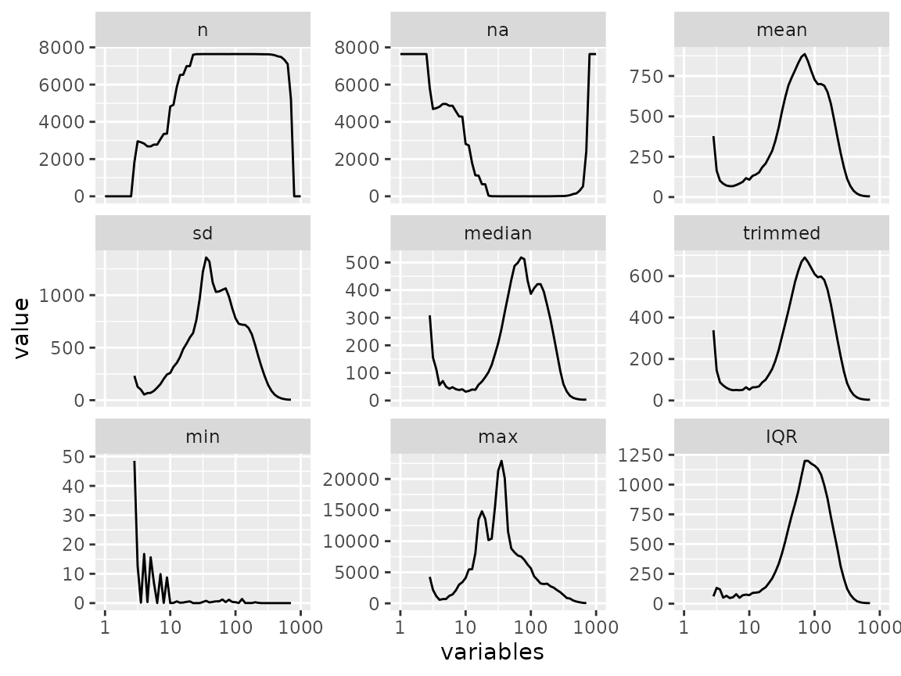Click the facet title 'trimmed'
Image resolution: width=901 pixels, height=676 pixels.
tap(781, 233)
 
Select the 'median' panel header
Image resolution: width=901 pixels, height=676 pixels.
tap(497, 233)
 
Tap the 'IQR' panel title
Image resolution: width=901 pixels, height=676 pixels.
tap(781, 437)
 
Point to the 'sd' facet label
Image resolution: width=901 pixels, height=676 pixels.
tap(203, 233)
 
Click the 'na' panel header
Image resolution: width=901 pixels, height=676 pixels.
tap(497, 30)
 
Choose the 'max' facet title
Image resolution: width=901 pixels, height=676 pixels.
tap(497, 437)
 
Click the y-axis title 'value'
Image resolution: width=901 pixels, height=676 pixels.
tap(21, 329)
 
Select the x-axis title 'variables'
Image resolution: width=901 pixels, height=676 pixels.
tap(493, 652)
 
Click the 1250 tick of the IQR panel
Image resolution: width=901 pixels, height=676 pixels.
tap(641, 455)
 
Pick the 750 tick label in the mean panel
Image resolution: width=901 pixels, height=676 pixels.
tap(647, 76)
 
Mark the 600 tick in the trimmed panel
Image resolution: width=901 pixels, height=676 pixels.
tap(647, 276)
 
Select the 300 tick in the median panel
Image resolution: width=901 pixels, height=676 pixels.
tap(362, 318)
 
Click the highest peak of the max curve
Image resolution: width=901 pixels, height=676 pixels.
tap(501, 461)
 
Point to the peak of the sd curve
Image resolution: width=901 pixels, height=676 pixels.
tap(206, 257)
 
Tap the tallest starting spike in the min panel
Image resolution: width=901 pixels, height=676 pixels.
tap(135, 462)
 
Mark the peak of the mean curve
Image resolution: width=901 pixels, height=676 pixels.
tap(805, 55)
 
